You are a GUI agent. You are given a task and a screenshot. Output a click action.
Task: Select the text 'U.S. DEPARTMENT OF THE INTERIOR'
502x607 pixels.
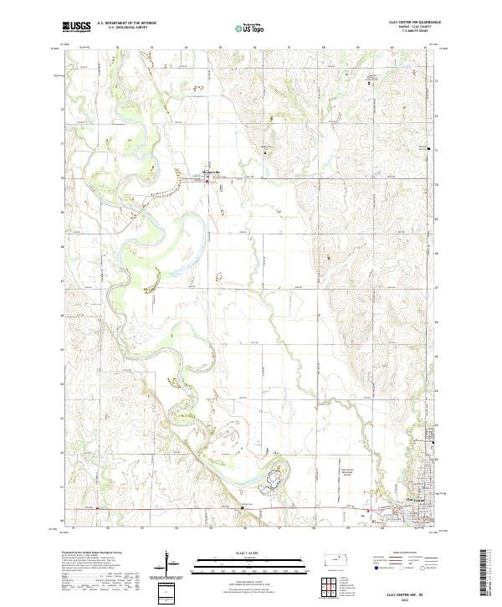(126, 23)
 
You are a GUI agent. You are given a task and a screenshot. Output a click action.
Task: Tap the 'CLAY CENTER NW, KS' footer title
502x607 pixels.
(414, 591)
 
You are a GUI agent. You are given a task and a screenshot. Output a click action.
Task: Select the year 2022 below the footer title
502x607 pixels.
(414, 598)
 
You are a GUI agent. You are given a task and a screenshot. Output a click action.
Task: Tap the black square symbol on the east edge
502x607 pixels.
(430, 150)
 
